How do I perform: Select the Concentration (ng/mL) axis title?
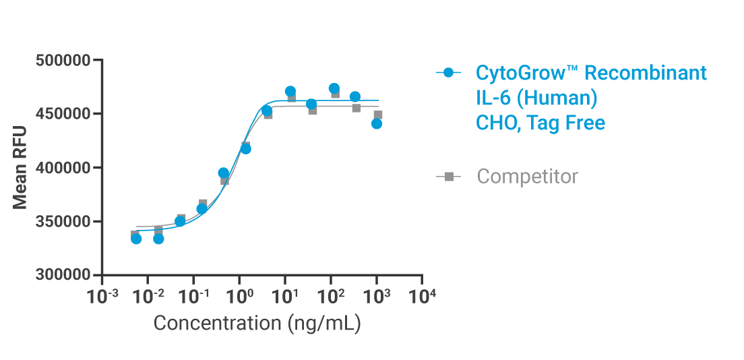(x=257, y=323)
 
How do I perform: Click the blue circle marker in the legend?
(x=449, y=72)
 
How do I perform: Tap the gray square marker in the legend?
(x=449, y=177)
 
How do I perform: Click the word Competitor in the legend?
(x=527, y=177)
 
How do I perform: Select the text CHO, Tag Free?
(x=540, y=123)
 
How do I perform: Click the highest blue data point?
(x=334, y=88)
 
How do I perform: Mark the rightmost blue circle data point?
(x=377, y=123)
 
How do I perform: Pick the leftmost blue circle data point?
(x=136, y=239)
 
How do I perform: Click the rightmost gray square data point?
(x=378, y=115)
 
